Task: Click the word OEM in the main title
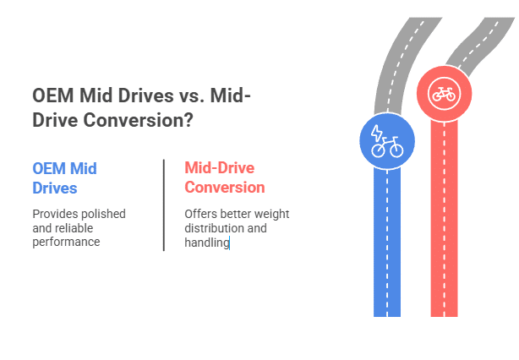point(52,96)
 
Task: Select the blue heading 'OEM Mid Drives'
point(64,177)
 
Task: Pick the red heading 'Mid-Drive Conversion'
point(224,177)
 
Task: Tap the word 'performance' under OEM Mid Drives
point(66,242)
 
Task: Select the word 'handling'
point(206,243)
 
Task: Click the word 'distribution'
point(215,228)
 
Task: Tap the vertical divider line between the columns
point(163,205)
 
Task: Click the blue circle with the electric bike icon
point(387,140)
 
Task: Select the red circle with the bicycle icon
point(444,93)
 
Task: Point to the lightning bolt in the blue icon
point(379,134)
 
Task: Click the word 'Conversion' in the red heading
point(224,187)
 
